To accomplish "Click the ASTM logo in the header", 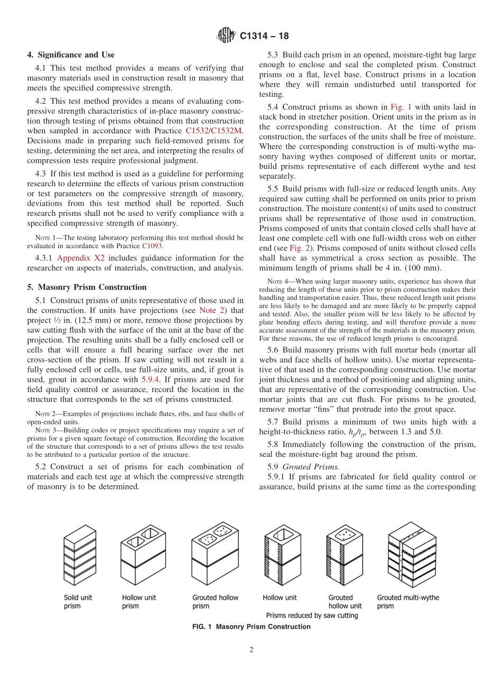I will [x=226, y=36].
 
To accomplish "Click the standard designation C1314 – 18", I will [x=264, y=37].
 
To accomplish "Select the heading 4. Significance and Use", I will [x=70, y=54].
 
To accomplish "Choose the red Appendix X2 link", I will [x=81, y=258].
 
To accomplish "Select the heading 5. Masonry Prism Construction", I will [x=87, y=287].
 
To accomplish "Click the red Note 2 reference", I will [x=203, y=310].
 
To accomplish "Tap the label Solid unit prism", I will [x=78, y=602].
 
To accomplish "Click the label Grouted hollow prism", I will [x=215, y=602].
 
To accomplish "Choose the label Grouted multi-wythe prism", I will [x=408, y=602].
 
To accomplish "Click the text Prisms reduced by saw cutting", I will [x=312, y=615].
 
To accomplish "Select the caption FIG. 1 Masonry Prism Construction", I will [x=251, y=627].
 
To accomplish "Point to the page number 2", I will [x=251, y=650].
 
